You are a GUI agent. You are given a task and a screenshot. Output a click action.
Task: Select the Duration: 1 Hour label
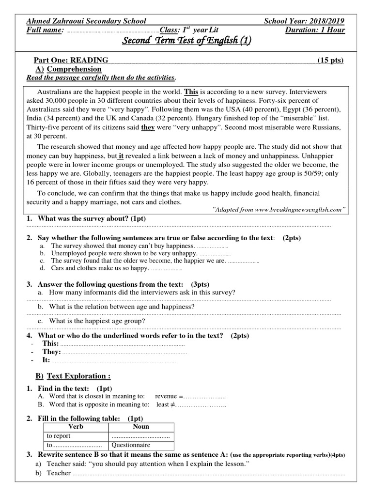(x=315, y=30)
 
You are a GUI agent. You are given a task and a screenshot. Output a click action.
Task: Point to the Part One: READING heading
(x=71, y=60)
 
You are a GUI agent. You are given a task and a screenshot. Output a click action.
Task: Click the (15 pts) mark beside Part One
(x=330, y=60)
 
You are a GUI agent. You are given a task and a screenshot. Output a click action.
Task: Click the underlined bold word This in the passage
(x=191, y=92)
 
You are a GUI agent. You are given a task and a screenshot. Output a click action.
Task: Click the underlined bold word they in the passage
(x=147, y=128)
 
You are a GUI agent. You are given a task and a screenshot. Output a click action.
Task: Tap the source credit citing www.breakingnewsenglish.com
(x=279, y=209)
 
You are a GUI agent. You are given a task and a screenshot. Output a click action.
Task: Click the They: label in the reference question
(x=52, y=352)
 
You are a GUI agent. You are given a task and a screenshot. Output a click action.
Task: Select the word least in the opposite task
(x=163, y=404)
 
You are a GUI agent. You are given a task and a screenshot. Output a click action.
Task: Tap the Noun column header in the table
(x=141, y=427)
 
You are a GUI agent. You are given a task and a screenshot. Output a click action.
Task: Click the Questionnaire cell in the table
(x=131, y=445)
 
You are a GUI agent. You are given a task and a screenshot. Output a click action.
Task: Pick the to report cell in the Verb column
(x=59, y=436)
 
